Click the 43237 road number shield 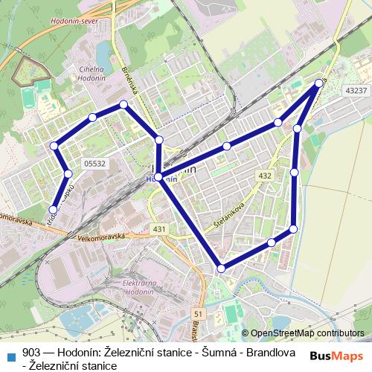point(356,90)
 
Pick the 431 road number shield point(158,228)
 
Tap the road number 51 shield point(197,314)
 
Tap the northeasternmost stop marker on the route point(319,83)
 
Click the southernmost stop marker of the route point(221,268)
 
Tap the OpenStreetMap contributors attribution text point(308,333)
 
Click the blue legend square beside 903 point(12,353)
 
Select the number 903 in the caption point(32,353)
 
